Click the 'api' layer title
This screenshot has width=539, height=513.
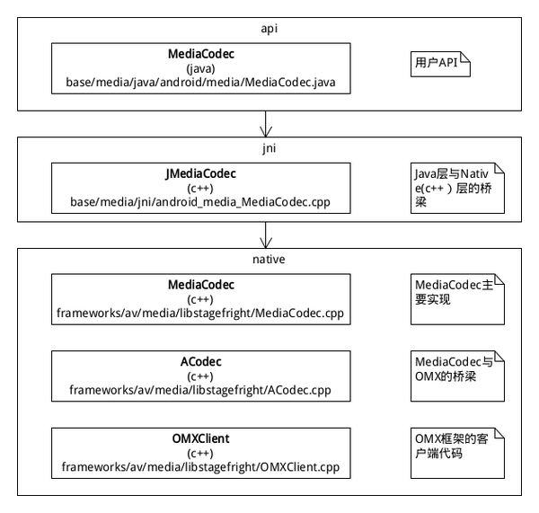click(x=269, y=29)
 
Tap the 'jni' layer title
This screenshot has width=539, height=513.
click(x=269, y=148)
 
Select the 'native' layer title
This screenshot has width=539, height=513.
click(x=269, y=260)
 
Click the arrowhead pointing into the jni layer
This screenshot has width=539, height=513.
click(x=266, y=132)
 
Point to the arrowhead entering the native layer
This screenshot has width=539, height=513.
click(x=266, y=243)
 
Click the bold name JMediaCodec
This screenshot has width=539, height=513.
click(x=200, y=173)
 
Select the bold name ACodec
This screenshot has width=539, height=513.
click(x=200, y=362)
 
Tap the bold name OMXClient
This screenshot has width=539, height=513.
click(x=200, y=438)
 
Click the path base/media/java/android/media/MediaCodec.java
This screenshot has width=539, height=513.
click(x=200, y=83)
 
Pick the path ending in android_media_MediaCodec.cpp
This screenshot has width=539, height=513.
click(x=200, y=202)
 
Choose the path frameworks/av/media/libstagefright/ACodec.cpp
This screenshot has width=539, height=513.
click(x=200, y=390)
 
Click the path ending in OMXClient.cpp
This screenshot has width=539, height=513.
click(x=200, y=467)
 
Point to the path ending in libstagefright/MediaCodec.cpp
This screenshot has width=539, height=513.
click(x=200, y=314)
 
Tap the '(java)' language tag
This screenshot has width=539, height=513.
click(x=200, y=69)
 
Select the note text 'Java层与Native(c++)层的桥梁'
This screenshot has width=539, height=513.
click(x=453, y=188)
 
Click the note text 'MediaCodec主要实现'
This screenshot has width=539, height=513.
click(x=455, y=292)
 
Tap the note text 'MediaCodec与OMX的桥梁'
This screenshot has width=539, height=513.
click(x=455, y=369)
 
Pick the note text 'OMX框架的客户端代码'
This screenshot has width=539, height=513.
click(x=452, y=447)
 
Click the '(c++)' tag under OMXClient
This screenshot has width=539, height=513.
click(x=200, y=454)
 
